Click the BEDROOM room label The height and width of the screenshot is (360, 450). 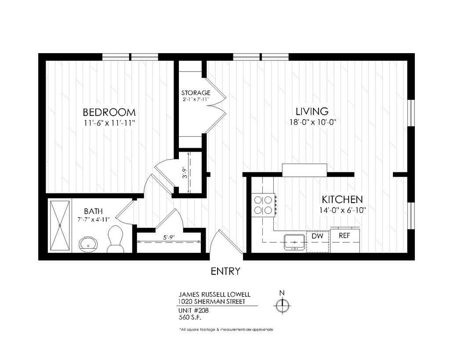pos(109,112)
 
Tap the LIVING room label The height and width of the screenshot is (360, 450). pos(312,111)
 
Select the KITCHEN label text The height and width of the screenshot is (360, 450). pos(342,199)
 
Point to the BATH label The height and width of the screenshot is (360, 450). pos(93,211)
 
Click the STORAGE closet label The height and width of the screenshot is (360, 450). pos(196,93)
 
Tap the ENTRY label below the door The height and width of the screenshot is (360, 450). pos(225,271)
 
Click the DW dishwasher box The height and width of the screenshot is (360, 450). pos(317,242)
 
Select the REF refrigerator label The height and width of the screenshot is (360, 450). pos(345,236)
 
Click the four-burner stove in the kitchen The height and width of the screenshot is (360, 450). pos(264,205)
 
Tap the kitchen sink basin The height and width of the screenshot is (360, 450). pos(294,242)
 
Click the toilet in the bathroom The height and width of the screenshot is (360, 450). pos(116,239)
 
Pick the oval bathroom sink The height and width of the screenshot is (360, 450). pos(88,244)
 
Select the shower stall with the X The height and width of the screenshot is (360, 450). pos(60,225)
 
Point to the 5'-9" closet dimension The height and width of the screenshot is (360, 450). pos(169,237)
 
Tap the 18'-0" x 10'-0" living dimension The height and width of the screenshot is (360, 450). pos(312,122)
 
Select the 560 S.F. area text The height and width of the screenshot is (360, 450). pos(190,317)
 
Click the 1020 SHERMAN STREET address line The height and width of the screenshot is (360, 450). pos(211,302)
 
